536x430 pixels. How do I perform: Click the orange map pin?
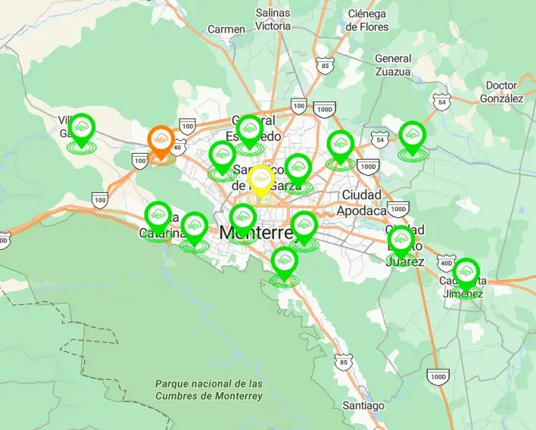tap(160, 140)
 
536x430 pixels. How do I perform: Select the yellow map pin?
tap(261, 179)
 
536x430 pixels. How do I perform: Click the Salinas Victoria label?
tap(273, 19)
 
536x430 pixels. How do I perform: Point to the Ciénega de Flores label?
tap(367, 20)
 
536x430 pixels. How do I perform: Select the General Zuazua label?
tap(393, 65)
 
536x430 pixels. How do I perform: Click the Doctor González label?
tap(501, 92)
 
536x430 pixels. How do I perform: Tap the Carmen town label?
tap(226, 30)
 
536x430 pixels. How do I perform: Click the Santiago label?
tap(363, 406)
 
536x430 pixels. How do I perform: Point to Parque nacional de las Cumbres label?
tap(208, 390)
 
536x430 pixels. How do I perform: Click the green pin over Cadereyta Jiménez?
tap(466, 273)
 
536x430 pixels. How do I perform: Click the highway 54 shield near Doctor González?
tap(441, 101)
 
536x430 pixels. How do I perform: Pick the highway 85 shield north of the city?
tap(325, 66)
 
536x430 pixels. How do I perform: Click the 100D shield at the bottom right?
tap(438, 376)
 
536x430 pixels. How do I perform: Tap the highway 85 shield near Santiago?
tap(344, 363)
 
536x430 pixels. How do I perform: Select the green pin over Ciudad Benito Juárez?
tap(400, 241)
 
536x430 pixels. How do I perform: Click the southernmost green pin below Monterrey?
tap(284, 262)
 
